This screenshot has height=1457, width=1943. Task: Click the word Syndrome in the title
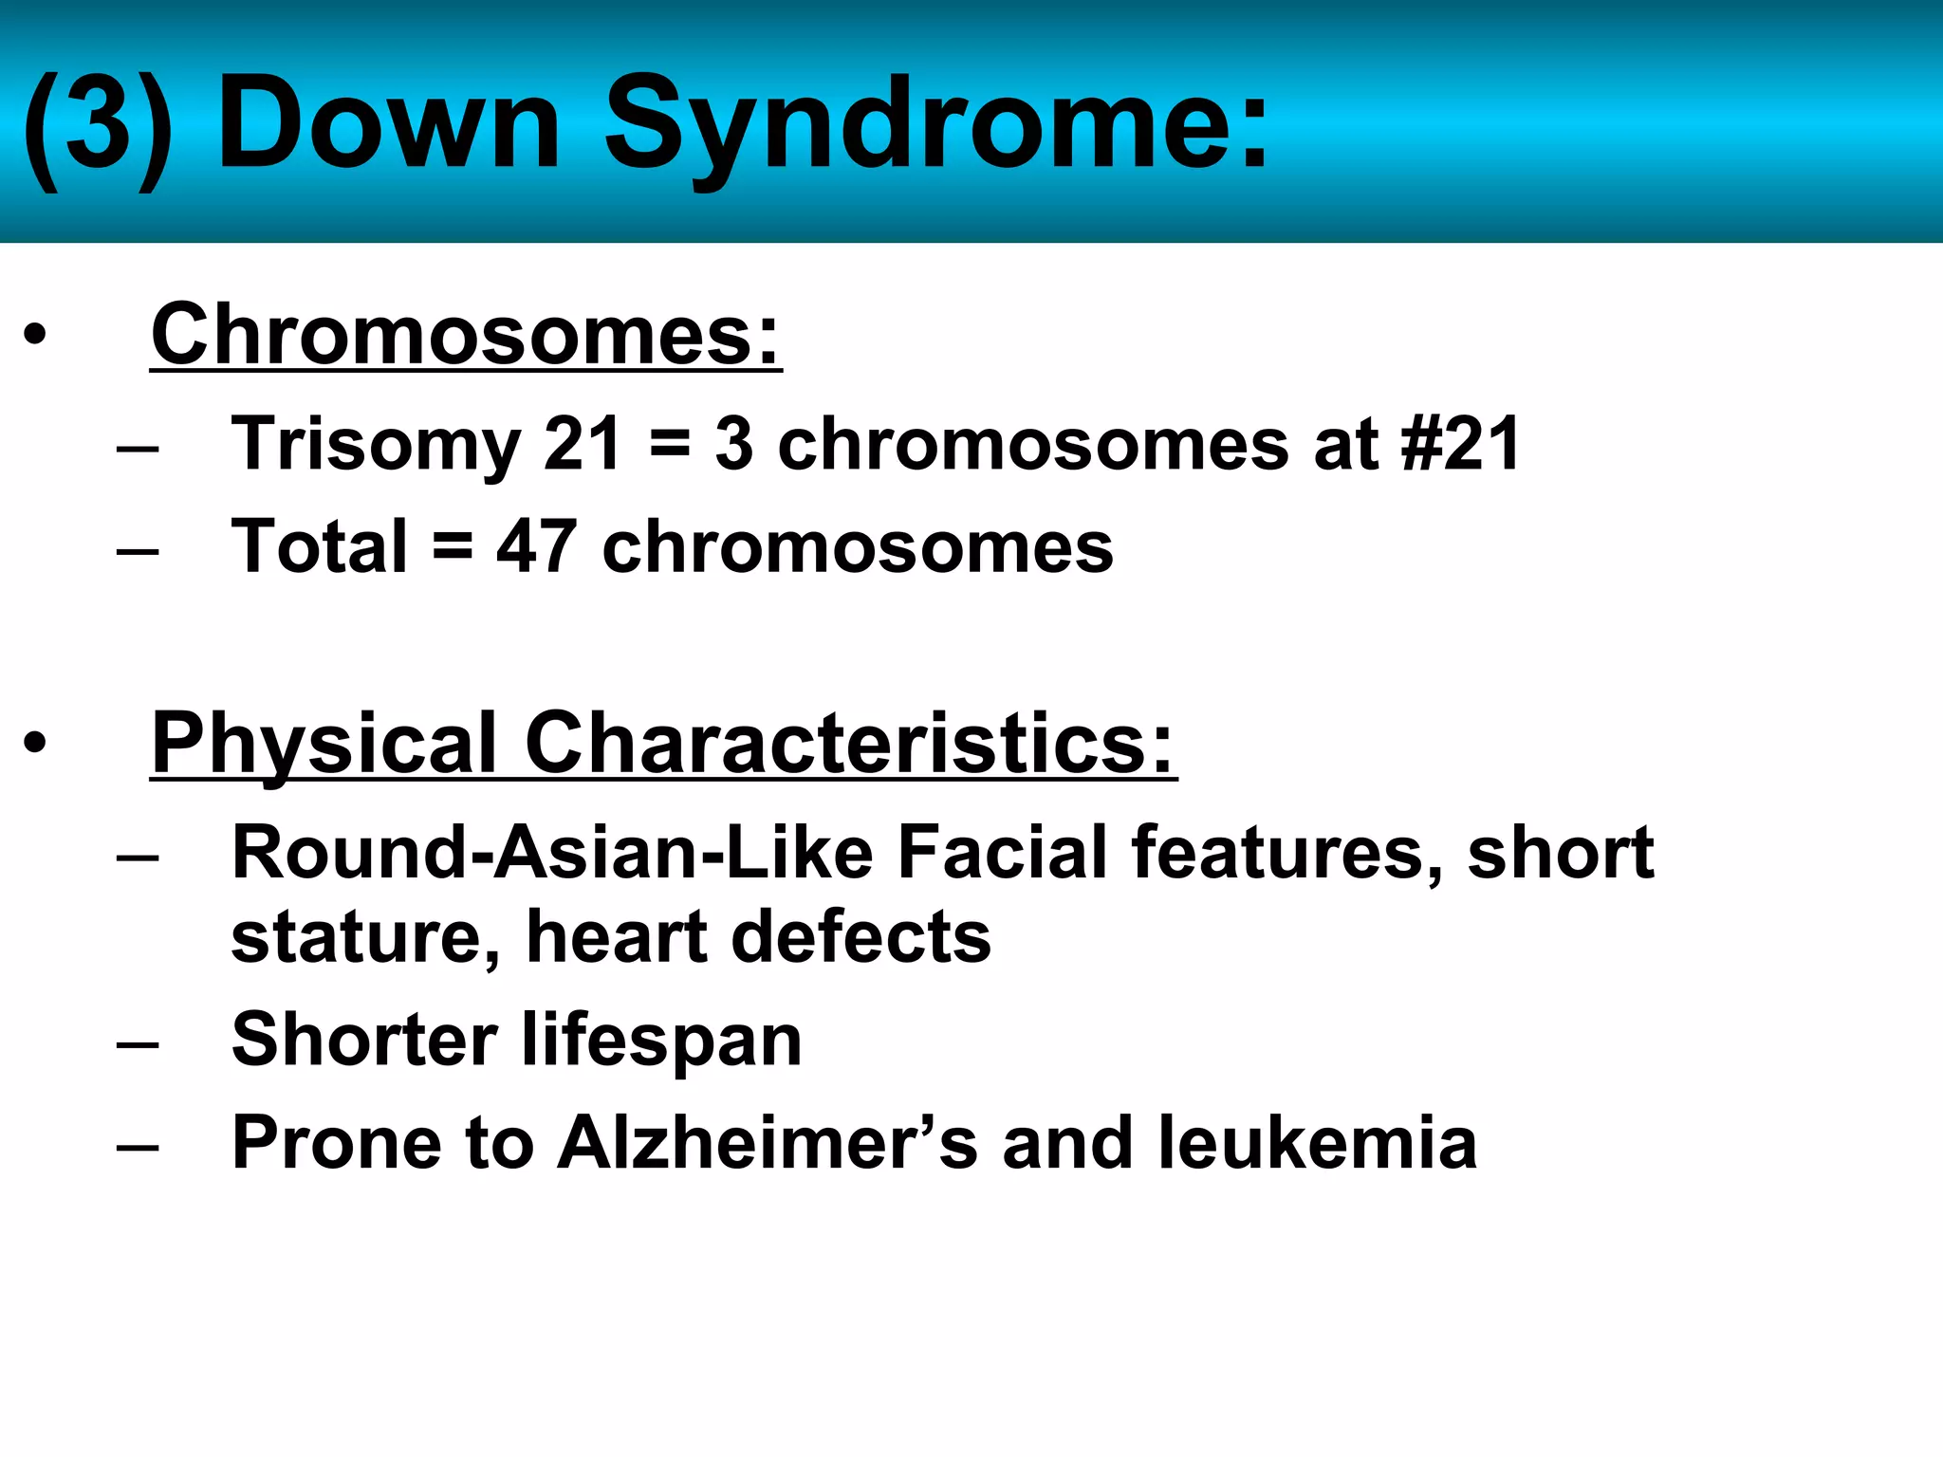pyautogui.click(x=935, y=128)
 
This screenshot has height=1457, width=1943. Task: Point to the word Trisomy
pyautogui.click(x=376, y=444)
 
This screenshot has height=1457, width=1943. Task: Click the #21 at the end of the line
pyautogui.click(x=1461, y=444)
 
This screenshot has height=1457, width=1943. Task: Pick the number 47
pyautogui.click(x=536, y=547)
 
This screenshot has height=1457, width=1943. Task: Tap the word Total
pyautogui.click(x=320, y=547)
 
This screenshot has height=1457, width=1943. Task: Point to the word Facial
pyautogui.click(x=1002, y=852)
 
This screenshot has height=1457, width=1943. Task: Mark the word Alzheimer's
pyautogui.click(x=767, y=1143)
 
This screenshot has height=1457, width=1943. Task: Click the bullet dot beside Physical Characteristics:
pyautogui.click(x=35, y=744)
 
